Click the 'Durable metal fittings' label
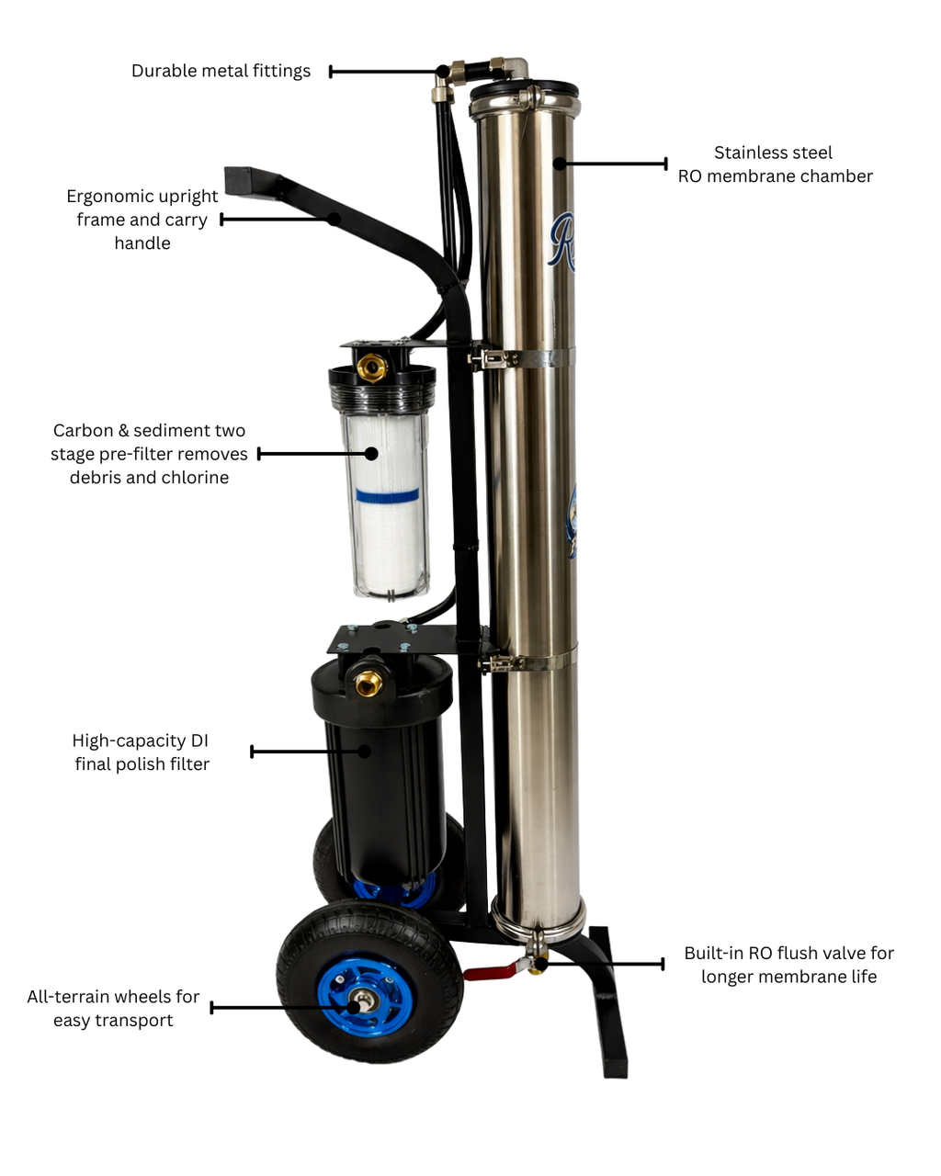pyautogui.click(x=221, y=72)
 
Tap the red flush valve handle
pyautogui.click(x=487, y=971)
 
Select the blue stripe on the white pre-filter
pyautogui.click(x=387, y=496)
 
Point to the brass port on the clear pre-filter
pyautogui.click(x=372, y=368)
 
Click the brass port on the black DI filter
pyautogui.click(x=369, y=683)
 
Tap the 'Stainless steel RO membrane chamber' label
pyautogui.click(x=775, y=164)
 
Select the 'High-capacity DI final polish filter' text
pyautogui.click(x=142, y=752)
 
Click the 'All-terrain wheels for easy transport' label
pyautogui.click(x=113, y=1009)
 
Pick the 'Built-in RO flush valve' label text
pyautogui.click(x=788, y=965)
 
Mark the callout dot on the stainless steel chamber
pyautogui.click(x=558, y=164)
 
